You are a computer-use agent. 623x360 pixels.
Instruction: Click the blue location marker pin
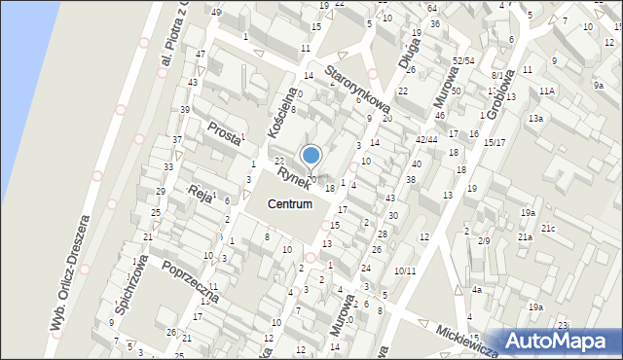(311, 156)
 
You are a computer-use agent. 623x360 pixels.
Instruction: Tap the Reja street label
(201, 192)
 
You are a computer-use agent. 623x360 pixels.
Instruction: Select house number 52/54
(462, 60)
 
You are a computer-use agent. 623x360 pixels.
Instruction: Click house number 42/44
(427, 139)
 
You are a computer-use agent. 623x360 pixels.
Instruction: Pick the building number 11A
(547, 90)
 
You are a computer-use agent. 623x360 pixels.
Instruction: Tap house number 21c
(549, 229)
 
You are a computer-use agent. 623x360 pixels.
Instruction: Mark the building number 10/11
(405, 270)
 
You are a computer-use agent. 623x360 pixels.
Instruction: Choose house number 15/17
(494, 143)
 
